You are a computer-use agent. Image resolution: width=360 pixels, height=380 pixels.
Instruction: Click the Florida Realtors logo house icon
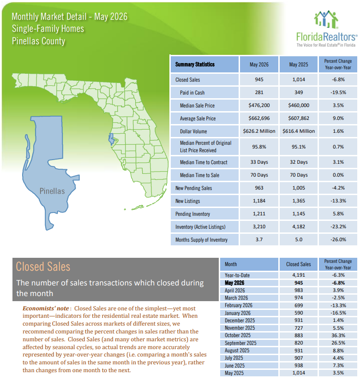coord(326,19)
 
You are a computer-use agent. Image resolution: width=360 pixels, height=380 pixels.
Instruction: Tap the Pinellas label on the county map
coord(52,191)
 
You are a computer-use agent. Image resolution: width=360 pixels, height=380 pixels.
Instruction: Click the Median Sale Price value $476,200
coord(259,106)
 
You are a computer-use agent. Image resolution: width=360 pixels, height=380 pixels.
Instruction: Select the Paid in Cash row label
coord(192,93)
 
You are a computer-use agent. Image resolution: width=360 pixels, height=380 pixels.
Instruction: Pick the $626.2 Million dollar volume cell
coord(259,131)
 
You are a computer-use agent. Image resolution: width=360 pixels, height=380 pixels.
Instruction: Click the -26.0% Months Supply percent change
coord(338,239)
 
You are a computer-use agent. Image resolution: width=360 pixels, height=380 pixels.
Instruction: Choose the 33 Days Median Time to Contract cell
coord(259,162)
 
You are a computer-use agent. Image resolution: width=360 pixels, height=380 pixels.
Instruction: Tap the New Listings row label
coord(187,201)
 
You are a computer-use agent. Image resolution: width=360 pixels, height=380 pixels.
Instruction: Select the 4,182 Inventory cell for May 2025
coord(299,226)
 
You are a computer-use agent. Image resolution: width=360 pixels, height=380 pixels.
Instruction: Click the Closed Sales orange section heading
coord(43,267)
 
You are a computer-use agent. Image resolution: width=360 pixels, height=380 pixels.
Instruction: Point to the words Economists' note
coord(46,308)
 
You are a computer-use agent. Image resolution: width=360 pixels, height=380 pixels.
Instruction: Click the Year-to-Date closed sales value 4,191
coord(299,275)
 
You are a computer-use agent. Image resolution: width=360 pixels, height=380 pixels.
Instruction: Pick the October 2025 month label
coord(238,335)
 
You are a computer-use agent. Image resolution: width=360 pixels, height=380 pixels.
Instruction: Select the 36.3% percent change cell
coord(338,335)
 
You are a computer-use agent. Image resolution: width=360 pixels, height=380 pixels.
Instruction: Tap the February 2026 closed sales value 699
coord(299,305)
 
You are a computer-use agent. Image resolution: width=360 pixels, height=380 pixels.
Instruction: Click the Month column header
coord(231,264)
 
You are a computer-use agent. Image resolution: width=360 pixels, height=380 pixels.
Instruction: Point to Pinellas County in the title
coord(39,41)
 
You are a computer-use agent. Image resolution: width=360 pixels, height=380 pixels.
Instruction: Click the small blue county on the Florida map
coord(111,139)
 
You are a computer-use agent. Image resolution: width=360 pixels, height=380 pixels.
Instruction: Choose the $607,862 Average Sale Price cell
coord(299,118)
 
